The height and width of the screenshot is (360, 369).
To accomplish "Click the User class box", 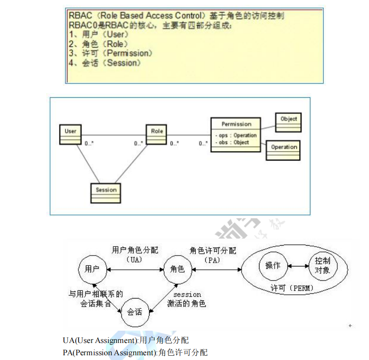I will (x=70, y=134).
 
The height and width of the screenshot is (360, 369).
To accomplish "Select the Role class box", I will (x=157, y=134).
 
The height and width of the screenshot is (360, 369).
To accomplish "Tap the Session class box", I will (x=106, y=193).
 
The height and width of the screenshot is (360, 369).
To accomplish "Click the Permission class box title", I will (x=236, y=124).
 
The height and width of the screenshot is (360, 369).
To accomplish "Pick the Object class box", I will (x=288, y=122).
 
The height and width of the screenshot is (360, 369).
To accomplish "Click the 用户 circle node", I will (x=92, y=269).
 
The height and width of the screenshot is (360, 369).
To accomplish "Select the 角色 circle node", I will (x=177, y=269).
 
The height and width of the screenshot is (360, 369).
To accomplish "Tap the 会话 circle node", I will (x=135, y=312).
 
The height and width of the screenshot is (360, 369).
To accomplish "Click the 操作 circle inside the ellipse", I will (x=273, y=266).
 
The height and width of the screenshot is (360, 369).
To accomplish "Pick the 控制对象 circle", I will (x=323, y=266).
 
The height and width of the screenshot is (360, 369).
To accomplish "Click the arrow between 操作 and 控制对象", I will (x=298, y=266).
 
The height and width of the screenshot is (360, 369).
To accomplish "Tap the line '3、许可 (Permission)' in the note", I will (x=110, y=53).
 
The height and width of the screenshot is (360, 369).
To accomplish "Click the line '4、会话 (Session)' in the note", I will (x=104, y=63).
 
